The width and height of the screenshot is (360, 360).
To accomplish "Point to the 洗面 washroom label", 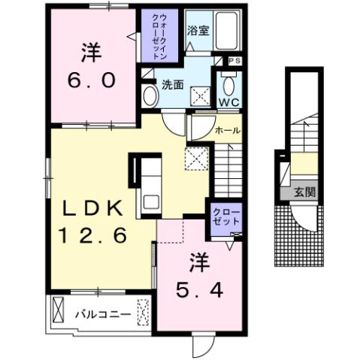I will [x=173, y=84].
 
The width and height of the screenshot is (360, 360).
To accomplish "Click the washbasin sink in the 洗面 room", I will [x=150, y=95].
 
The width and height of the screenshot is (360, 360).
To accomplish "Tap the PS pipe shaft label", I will [x=234, y=60].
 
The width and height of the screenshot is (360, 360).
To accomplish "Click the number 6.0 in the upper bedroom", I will [x=94, y=80].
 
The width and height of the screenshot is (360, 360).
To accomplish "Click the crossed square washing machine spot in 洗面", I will [x=198, y=95].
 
